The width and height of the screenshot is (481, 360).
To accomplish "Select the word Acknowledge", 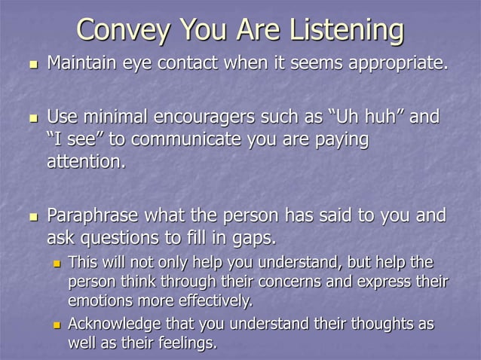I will (110, 324).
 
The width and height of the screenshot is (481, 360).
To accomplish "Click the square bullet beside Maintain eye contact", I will (31, 65).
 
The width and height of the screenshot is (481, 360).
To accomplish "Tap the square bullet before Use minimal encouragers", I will (31, 120).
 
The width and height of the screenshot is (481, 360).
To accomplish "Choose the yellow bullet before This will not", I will (57, 264).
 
